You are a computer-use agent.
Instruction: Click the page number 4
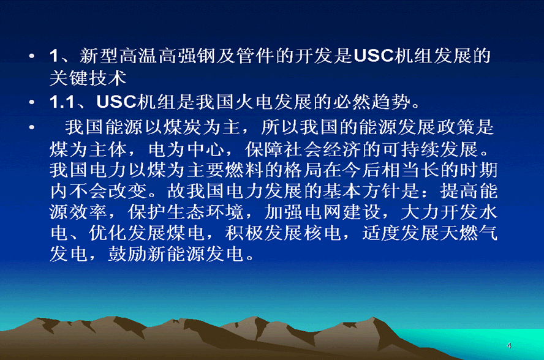509,345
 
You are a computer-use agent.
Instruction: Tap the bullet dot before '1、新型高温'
32,56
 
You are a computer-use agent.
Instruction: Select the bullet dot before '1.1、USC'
32,102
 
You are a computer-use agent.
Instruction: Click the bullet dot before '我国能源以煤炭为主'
32,127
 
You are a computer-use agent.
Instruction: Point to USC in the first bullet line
374,56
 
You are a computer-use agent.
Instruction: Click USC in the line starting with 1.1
116,102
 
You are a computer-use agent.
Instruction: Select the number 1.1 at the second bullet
62,102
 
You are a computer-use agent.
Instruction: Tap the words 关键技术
88,78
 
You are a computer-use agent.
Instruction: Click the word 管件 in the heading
255,56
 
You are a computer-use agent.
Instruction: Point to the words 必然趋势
372,102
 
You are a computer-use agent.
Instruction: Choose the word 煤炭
182,127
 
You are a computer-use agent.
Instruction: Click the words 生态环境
205,212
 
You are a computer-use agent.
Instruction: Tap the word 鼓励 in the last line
127,254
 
